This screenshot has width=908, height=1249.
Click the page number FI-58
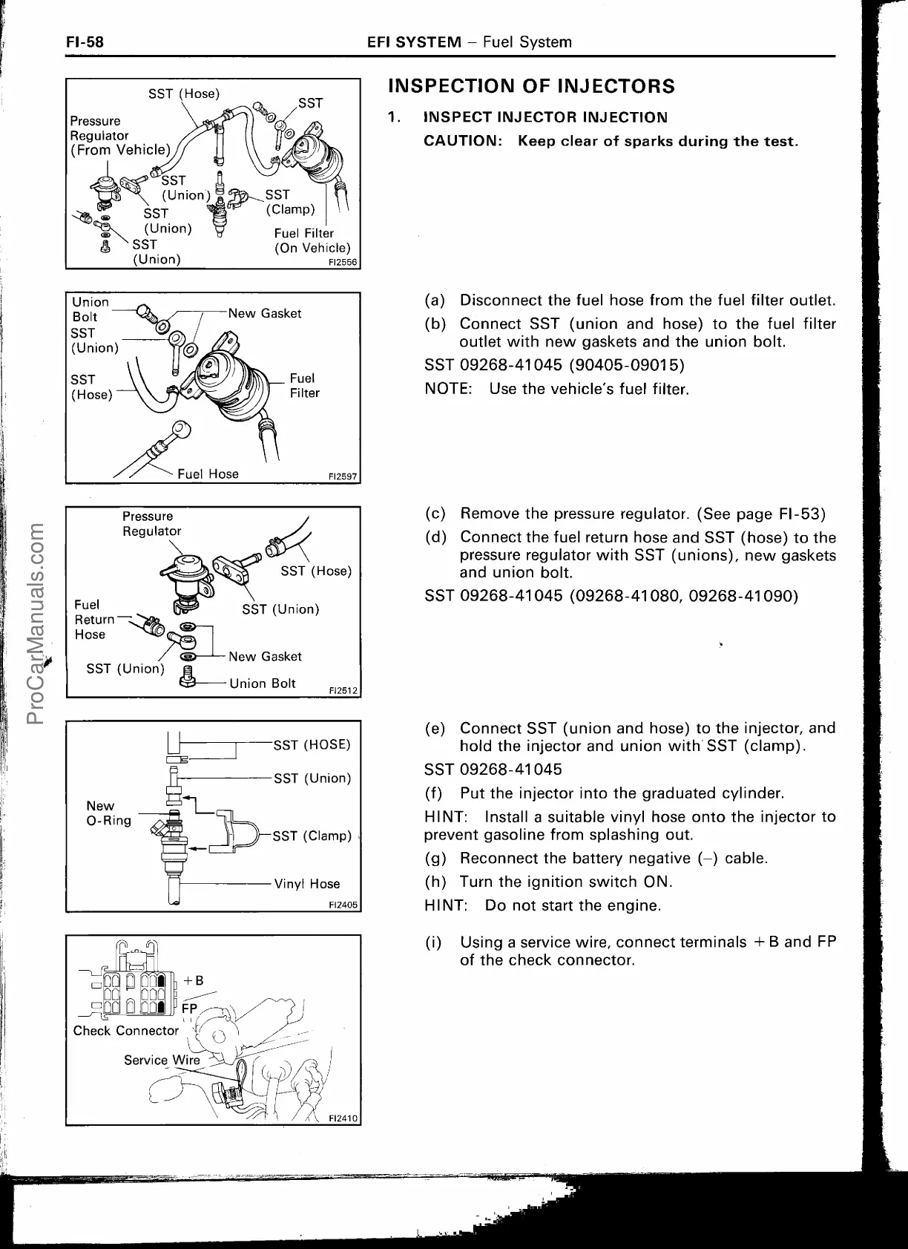[84, 42]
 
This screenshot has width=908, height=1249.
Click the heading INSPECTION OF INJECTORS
[532, 87]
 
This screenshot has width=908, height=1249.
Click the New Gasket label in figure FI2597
[265, 313]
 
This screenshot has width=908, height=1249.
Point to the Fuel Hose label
[208, 473]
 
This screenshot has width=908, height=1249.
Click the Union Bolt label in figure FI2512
[263, 683]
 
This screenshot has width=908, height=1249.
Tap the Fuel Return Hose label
[94, 620]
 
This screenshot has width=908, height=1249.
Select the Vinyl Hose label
[307, 884]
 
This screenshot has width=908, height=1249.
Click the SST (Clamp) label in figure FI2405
[312, 836]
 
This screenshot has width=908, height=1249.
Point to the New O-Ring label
[108, 813]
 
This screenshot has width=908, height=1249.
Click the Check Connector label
[125, 1031]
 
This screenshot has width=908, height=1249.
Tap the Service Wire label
[162, 1060]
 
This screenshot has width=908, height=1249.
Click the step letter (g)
[435, 859]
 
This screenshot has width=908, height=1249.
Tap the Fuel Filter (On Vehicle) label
[312, 241]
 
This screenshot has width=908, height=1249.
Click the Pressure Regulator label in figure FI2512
[151, 523]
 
